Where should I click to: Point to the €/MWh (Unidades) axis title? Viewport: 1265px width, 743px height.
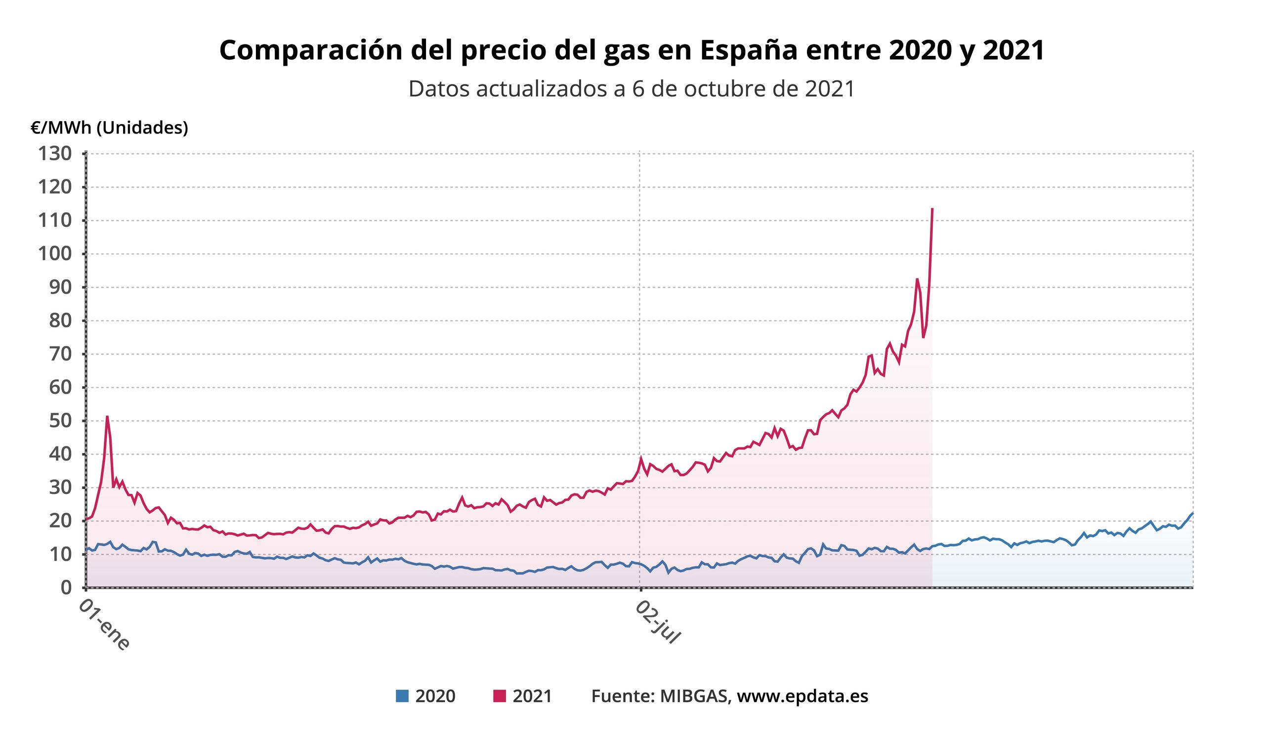[109, 128]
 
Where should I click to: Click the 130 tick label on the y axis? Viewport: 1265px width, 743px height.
[55, 154]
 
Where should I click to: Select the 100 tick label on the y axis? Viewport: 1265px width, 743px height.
[55, 254]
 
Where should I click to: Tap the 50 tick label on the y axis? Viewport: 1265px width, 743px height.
[60, 421]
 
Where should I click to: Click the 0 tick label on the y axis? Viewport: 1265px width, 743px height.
[66, 587]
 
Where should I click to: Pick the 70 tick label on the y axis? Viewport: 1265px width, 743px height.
[60, 354]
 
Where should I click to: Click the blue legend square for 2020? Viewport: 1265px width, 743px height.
[402, 697]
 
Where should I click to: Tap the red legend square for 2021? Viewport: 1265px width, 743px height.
[500, 697]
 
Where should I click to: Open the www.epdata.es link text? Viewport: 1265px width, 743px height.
[802, 697]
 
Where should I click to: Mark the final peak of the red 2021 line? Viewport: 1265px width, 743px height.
[932, 208]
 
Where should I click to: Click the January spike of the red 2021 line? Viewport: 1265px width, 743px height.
[107, 416]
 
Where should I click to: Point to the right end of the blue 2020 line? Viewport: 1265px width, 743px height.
[1192, 513]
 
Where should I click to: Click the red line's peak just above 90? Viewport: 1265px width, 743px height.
[917, 279]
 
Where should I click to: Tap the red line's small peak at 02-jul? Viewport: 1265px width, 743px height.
[641, 457]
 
